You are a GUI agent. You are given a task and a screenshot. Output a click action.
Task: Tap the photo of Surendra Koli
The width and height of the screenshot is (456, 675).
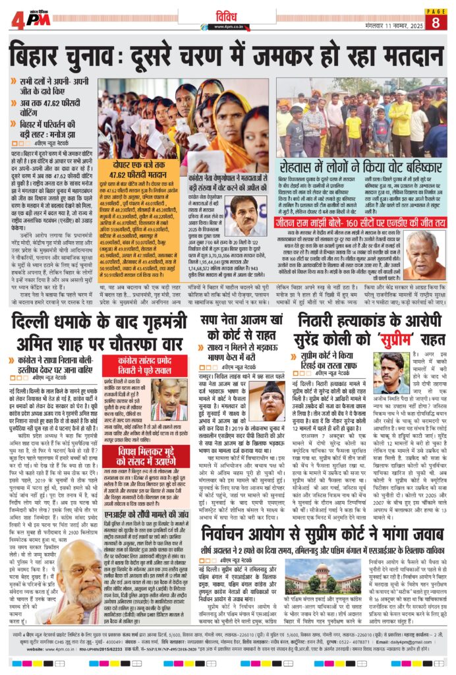pos(391,373)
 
